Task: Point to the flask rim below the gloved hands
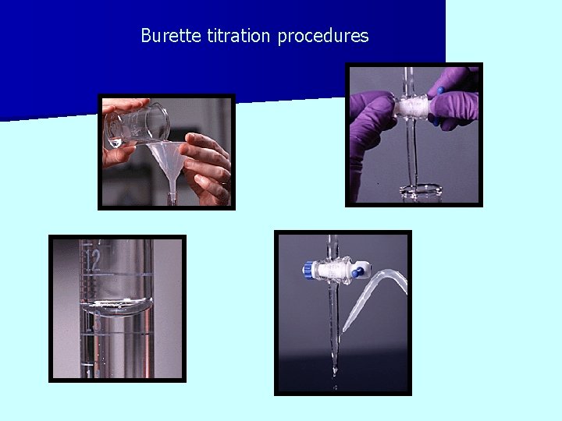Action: click(421, 189)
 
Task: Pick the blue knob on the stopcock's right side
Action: click(359, 273)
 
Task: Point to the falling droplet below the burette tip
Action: click(336, 384)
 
